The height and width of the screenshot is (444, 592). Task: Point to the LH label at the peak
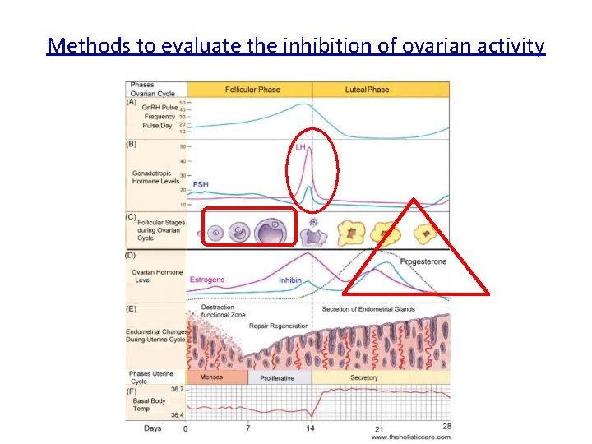click(x=301, y=147)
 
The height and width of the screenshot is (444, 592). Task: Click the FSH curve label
click(x=200, y=185)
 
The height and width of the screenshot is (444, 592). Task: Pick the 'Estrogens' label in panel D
click(x=207, y=280)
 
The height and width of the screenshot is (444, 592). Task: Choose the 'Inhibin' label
click(x=289, y=280)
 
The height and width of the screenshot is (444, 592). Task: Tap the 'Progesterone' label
click(x=423, y=261)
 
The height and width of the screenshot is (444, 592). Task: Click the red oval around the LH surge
click(x=312, y=170)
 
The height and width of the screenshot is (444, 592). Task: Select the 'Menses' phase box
click(x=217, y=377)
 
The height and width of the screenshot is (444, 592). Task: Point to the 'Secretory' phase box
click(x=364, y=377)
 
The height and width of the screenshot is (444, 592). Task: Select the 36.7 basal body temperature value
click(x=177, y=389)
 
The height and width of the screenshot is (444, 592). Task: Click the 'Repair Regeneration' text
click(x=279, y=326)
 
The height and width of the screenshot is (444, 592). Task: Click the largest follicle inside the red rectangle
click(x=272, y=232)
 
